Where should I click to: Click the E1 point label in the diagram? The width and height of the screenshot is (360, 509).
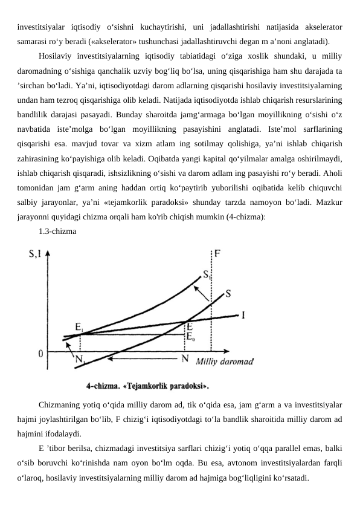coord(79,326)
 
